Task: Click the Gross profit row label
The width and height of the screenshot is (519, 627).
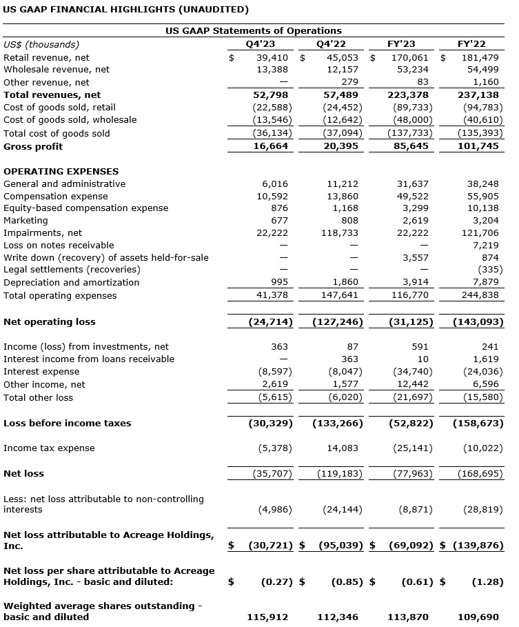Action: [33, 146]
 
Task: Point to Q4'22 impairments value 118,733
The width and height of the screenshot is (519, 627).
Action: [339, 233]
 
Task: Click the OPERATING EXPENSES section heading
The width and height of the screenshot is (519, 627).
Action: [61, 171]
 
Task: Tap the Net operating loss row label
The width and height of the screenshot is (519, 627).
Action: [50, 321]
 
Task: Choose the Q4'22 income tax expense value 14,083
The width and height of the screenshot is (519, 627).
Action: [342, 448]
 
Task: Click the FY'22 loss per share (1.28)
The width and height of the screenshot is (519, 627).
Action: [487, 581]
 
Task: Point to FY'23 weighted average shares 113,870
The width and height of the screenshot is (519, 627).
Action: [411, 617]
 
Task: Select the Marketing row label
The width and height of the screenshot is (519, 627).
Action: [26, 221]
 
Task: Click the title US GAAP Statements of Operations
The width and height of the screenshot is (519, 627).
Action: [253, 30]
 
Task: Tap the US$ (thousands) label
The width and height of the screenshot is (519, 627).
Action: [41, 44]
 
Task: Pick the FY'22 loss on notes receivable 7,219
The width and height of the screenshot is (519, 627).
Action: [487, 246]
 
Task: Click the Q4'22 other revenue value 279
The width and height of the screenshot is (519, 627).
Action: [349, 83]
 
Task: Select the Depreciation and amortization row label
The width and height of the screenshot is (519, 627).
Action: [71, 282]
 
